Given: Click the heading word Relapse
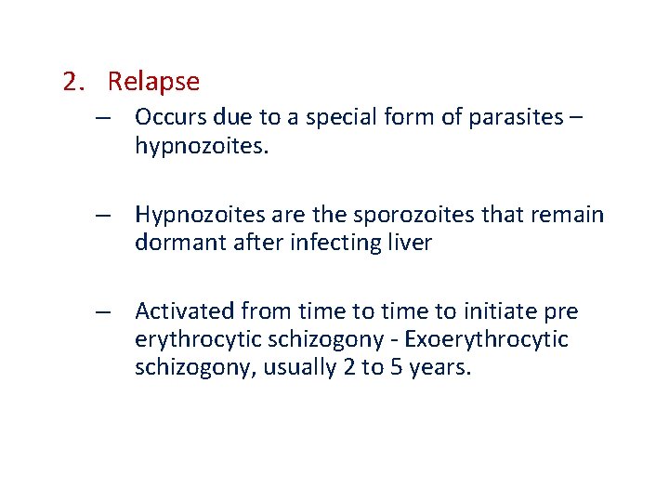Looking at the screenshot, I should [x=153, y=82].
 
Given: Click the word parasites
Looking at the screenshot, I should [x=510, y=117].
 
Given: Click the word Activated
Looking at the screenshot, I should [x=183, y=310].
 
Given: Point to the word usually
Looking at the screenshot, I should [x=297, y=368].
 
